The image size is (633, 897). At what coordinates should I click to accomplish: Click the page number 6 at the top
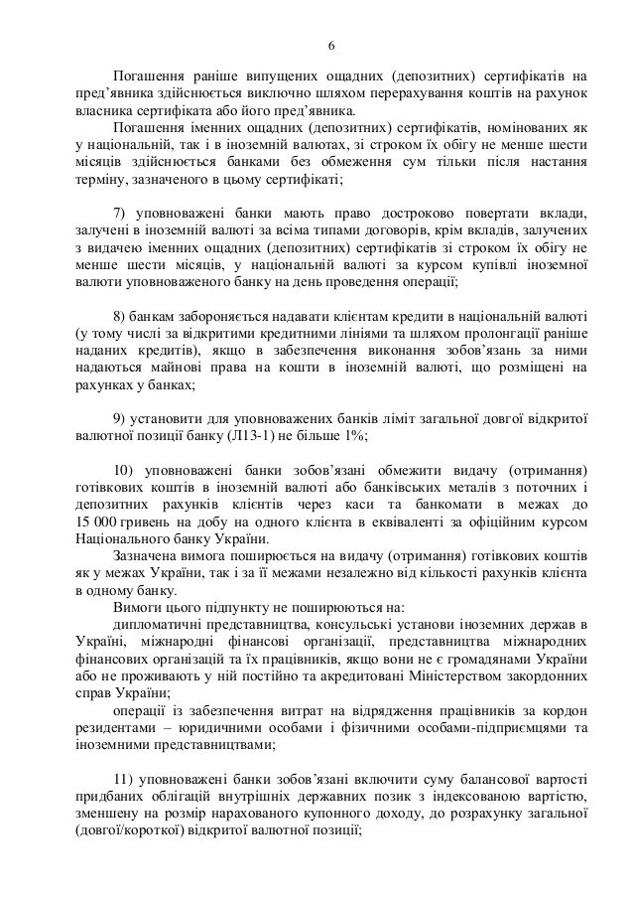coord(331,47)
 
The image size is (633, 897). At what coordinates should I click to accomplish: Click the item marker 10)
coord(126,468)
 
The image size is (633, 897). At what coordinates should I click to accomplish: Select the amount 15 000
coord(97,521)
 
